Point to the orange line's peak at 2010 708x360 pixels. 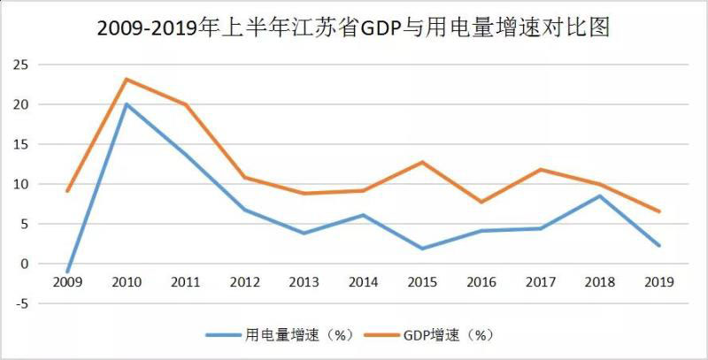(x=127, y=79)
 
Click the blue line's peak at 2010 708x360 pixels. (x=127, y=104)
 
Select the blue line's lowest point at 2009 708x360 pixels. (x=67, y=272)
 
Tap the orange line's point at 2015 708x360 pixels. (x=422, y=162)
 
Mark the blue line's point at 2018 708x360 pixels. (x=599, y=195)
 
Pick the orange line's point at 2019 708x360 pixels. (x=658, y=211)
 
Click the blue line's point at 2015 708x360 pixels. (x=422, y=249)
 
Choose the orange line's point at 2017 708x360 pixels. (x=540, y=169)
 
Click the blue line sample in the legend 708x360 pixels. (x=222, y=335)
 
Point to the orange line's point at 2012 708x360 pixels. (x=244, y=177)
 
